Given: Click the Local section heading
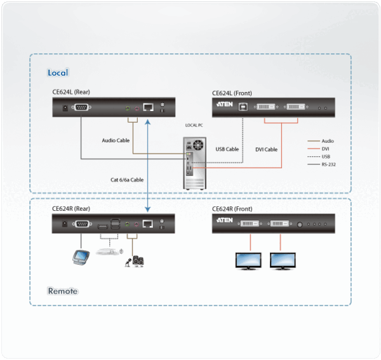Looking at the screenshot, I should coord(58,73).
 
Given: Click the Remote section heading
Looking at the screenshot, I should coord(62,291).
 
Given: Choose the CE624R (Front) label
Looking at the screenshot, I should coord(233,208).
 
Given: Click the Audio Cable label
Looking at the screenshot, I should coord(116,140).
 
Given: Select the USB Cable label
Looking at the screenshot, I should coord(227,149).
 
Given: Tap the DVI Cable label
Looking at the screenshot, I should coord(266,149).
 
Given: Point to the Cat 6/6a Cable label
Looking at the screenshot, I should coord(128,180).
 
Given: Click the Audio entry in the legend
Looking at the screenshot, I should coord(327,141).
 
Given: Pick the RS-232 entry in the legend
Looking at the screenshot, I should coord(328,164).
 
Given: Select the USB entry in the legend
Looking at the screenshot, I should coord(326,156).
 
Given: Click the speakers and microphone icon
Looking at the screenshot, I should coord(136,260).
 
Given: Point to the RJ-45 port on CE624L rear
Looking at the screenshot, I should coord(147,107).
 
